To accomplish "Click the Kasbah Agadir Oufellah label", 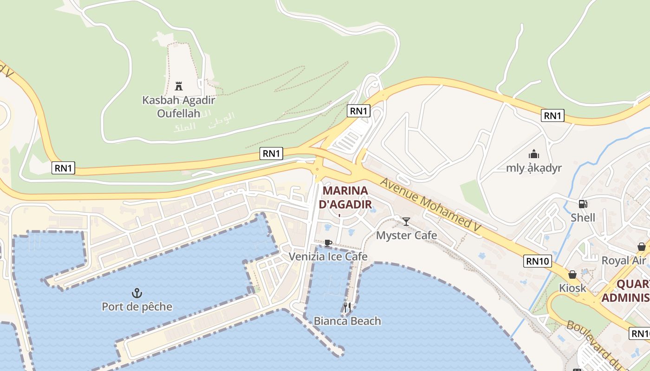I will (x=179, y=106).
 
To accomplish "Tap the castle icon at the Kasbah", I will (x=179, y=86).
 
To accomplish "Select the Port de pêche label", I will (x=137, y=307).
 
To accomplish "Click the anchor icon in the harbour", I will (x=137, y=293).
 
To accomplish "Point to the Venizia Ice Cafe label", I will (x=328, y=256).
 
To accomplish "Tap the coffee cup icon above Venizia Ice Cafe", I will (x=328, y=243).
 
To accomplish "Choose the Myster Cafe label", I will (x=406, y=235).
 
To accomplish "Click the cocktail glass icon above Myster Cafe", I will (x=406, y=222).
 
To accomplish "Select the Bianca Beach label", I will (x=347, y=320).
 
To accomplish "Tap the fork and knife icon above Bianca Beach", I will (x=347, y=307).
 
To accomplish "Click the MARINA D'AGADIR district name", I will (x=345, y=197).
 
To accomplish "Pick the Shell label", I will (x=583, y=217).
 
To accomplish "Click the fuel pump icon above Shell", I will (x=583, y=204).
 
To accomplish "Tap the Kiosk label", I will (x=572, y=288).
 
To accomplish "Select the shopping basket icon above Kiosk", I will (x=572, y=275).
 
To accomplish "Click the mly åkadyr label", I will (x=534, y=168).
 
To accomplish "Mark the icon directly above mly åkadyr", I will (x=534, y=154).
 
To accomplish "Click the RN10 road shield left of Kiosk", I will (x=538, y=261).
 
